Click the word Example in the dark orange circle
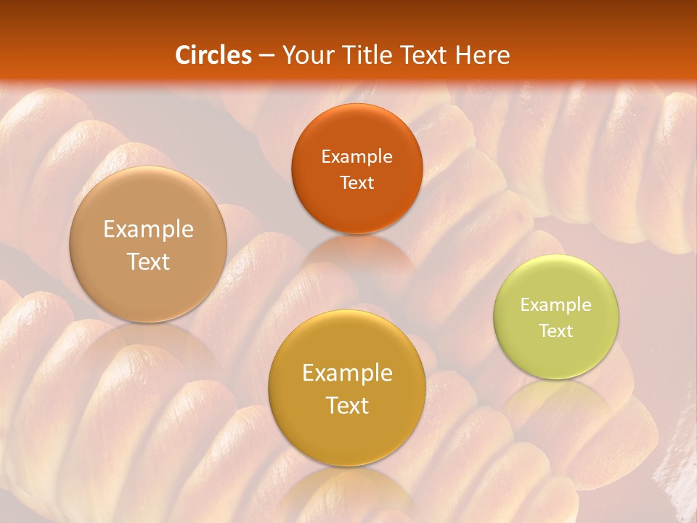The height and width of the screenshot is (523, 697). click(x=356, y=157)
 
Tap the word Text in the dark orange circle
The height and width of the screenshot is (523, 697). click(x=356, y=182)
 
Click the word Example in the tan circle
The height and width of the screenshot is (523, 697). click(x=148, y=230)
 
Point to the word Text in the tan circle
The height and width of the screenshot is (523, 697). click(x=148, y=261)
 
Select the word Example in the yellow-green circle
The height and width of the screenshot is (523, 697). click(x=556, y=305)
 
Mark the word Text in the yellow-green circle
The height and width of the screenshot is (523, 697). click(x=556, y=331)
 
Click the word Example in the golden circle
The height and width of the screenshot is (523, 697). click(x=347, y=373)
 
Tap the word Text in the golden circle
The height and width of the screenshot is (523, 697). click(x=347, y=405)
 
